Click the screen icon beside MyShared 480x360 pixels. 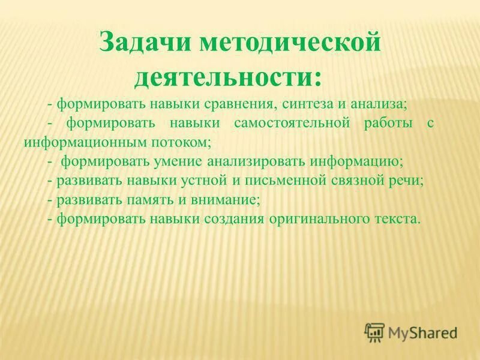(374, 332)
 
